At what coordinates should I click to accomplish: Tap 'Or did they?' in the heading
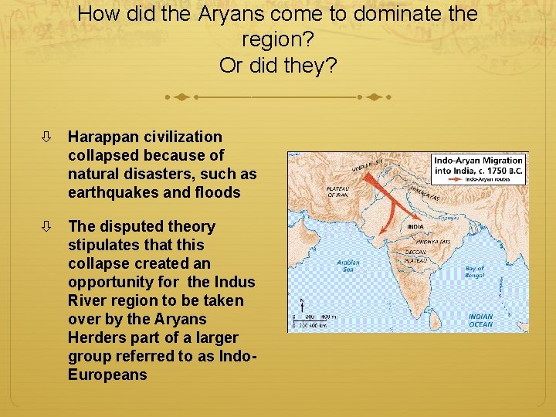pyautogui.click(x=278, y=65)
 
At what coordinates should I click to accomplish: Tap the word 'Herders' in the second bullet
pyautogui.click(x=96, y=337)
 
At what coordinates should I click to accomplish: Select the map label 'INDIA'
pyautogui.click(x=415, y=227)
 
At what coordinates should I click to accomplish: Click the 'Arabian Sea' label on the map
pyautogui.click(x=347, y=266)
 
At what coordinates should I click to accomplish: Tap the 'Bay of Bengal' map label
pyautogui.click(x=475, y=273)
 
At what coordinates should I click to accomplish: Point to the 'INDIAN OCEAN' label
pyautogui.click(x=480, y=320)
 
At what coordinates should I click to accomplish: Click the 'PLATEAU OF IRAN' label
pyautogui.click(x=337, y=191)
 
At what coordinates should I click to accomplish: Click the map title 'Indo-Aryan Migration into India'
pyautogui.click(x=479, y=164)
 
